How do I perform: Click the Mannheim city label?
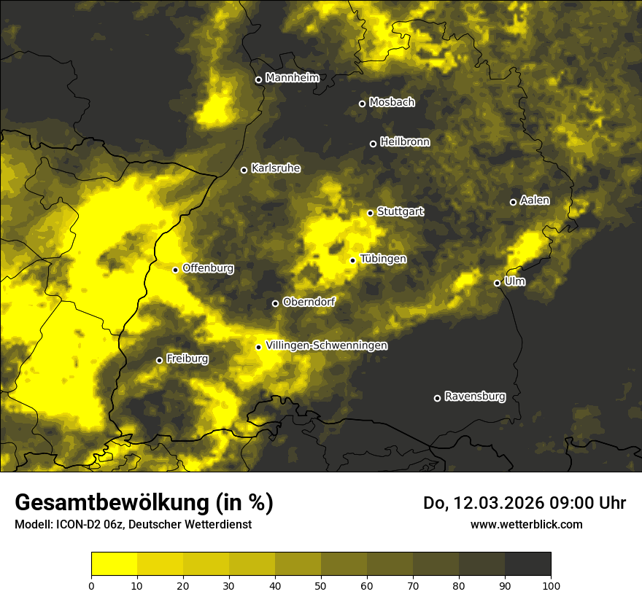point(293,78)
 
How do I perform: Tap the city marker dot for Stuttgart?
point(370,213)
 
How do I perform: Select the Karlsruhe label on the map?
point(276,168)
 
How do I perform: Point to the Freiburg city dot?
point(159,360)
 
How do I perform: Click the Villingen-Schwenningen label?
point(326,346)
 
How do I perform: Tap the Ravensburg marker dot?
point(437,398)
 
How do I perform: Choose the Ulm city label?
point(514,281)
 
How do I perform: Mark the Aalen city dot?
point(513,202)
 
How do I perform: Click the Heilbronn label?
point(405,142)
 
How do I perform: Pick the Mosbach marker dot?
point(362,104)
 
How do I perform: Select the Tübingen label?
point(383,259)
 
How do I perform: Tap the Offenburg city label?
point(208,268)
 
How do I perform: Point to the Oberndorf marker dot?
point(275,303)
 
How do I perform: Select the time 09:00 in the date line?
point(561,503)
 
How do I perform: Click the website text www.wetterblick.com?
point(526,524)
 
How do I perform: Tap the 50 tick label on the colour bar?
point(321,585)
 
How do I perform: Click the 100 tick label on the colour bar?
point(550,585)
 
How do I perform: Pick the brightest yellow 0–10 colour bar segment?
point(115,563)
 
